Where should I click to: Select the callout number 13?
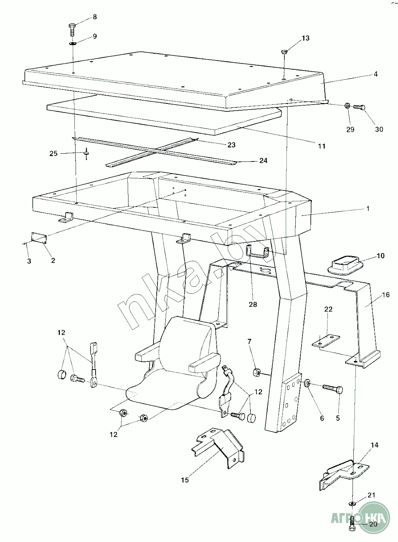pos(306,38)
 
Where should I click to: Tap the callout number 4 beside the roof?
pos(375,74)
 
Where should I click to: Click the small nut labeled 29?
pos(347,106)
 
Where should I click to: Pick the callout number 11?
pos(321,146)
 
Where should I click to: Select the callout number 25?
pos(53,153)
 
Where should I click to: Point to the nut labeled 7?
pos(257,372)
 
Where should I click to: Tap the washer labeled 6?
pos(308,382)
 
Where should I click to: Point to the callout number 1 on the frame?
pos(368,208)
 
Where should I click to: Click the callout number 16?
pos(386,294)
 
